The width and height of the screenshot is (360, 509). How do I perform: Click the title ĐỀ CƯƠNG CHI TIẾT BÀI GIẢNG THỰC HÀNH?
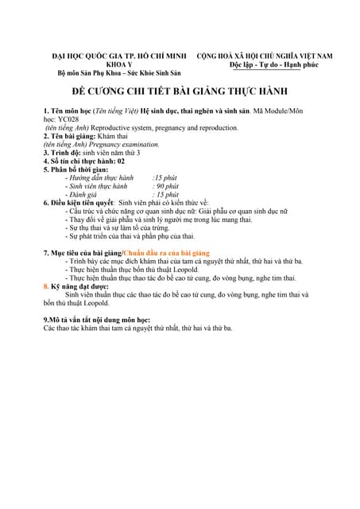click(179, 91)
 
